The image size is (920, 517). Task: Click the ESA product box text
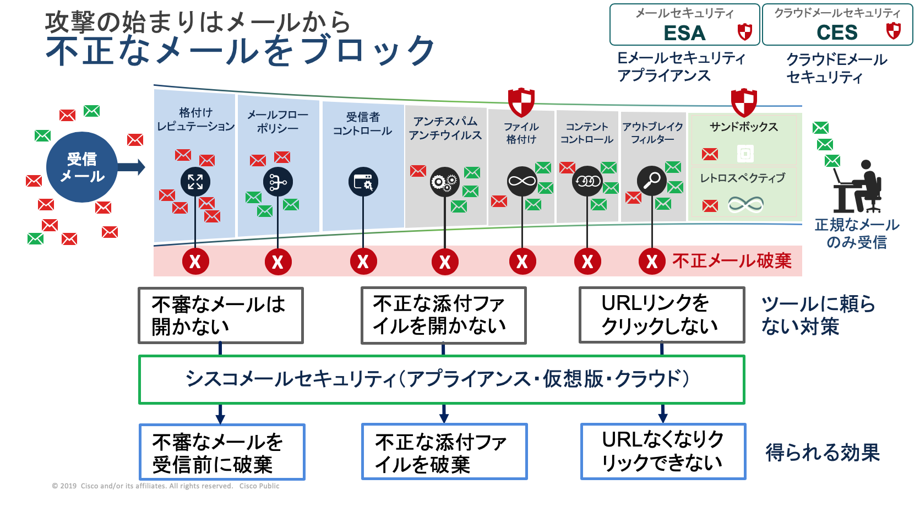684,33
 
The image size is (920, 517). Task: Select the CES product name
837,33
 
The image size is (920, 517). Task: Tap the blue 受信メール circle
82,167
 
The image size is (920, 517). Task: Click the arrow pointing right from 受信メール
132,167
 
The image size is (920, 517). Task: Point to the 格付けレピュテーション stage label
195,119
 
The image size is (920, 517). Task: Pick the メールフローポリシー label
277,121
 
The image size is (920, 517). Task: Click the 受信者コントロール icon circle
363,182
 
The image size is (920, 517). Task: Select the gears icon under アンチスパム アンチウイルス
444,182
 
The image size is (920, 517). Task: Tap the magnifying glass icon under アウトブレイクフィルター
652,181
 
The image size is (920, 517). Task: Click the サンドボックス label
743,127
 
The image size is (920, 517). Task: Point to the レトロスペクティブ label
742,178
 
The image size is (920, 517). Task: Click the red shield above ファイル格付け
521,101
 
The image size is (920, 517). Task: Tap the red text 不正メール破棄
732,260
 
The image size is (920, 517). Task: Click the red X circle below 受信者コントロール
363,262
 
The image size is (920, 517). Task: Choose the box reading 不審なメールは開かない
220,315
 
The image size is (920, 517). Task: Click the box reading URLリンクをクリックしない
661,315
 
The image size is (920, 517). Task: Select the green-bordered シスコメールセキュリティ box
442,379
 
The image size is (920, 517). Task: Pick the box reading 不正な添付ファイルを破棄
444,451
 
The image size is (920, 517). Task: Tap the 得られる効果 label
823,453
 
